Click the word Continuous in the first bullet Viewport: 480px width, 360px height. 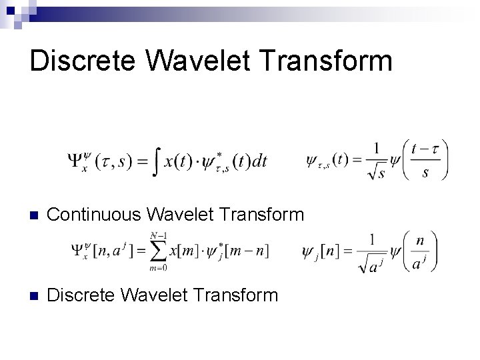93,215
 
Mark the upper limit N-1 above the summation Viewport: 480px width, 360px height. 158,235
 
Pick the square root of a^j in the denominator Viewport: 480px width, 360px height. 373,265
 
